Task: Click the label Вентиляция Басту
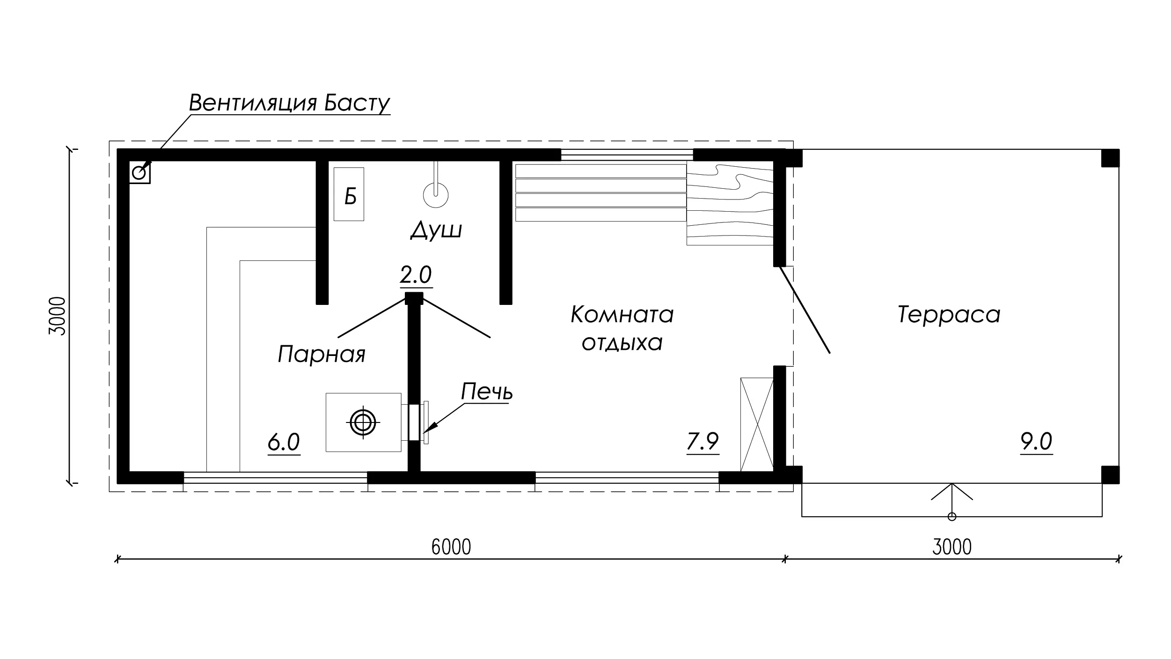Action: pyautogui.click(x=289, y=103)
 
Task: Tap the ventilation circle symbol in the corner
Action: pyautogui.click(x=139, y=173)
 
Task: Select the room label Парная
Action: pyautogui.click(x=322, y=354)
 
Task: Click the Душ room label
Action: pyautogui.click(x=436, y=230)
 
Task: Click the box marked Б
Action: pyautogui.click(x=349, y=194)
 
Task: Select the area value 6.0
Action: pyautogui.click(x=284, y=442)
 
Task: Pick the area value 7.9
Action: pyautogui.click(x=703, y=441)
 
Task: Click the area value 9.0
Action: pyautogui.click(x=1037, y=441)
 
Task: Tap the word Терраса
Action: pyautogui.click(x=949, y=314)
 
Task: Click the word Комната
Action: pyautogui.click(x=622, y=314)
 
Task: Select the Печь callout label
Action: pyautogui.click(x=487, y=392)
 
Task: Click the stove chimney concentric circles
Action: pyautogui.click(x=363, y=422)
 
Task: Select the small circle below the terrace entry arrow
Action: pyautogui.click(x=951, y=517)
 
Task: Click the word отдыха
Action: pyautogui.click(x=622, y=343)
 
